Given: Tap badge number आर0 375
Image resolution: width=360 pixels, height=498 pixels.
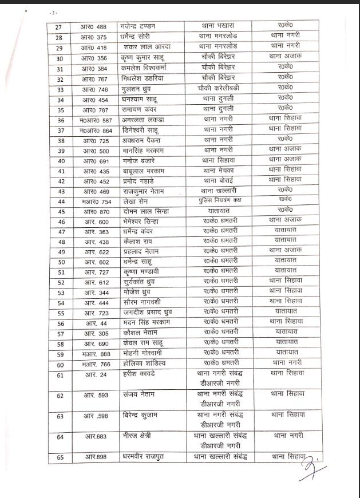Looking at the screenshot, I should pos(95,37).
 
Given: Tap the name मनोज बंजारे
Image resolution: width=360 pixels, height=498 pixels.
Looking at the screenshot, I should pos(141,161).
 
